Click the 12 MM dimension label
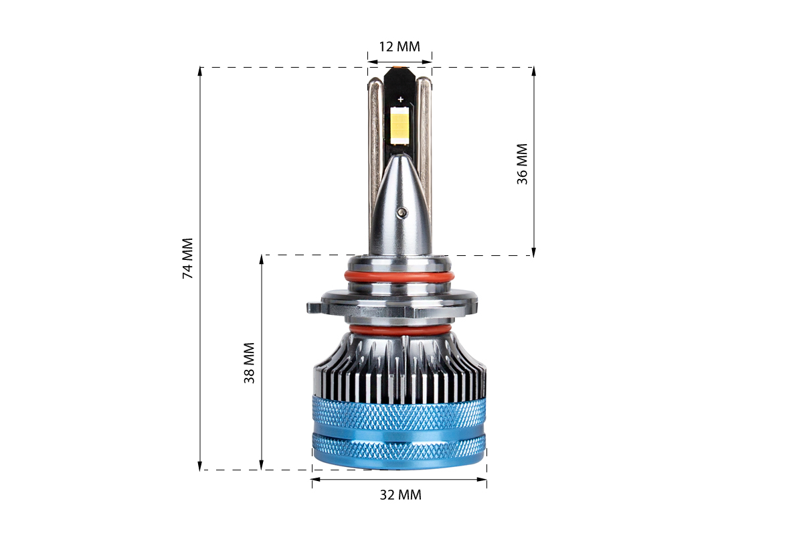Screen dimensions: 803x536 pos(399,47)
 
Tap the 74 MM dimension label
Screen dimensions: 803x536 pos(188,258)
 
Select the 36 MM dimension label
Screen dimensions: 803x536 pos(522,164)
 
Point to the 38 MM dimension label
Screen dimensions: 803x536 pos(249,363)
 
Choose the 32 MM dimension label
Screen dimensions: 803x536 pos(400,495)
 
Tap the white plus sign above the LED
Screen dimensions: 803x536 pos(400,99)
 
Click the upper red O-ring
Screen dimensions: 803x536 pos(399,277)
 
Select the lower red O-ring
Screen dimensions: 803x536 pos(399,330)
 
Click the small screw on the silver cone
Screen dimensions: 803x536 pos(402,212)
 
